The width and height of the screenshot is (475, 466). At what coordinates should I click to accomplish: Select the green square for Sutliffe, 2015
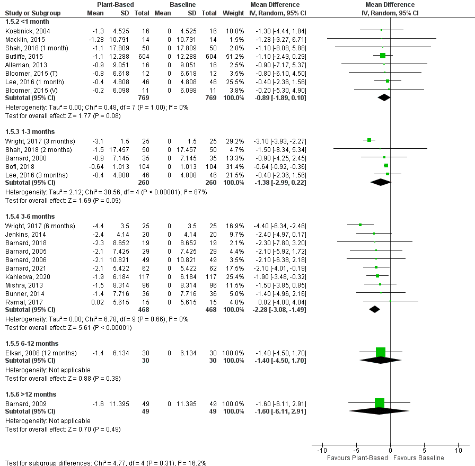click(x=383, y=56)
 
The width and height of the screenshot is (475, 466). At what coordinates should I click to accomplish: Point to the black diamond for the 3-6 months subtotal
click(x=374, y=309)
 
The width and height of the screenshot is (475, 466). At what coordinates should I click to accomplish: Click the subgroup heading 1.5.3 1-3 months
click(x=30, y=131)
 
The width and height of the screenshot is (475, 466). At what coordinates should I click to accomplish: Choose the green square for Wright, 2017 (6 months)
click(x=360, y=225)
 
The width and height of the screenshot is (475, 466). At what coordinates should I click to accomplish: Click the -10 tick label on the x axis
click(x=321, y=451)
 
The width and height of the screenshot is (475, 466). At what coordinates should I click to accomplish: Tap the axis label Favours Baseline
click(x=419, y=458)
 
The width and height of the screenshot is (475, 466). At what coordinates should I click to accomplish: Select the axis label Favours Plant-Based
click(x=356, y=458)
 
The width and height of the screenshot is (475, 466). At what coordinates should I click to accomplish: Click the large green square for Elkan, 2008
click(x=380, y=352)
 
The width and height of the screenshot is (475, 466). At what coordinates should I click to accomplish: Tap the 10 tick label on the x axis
click(x=458, y=451)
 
